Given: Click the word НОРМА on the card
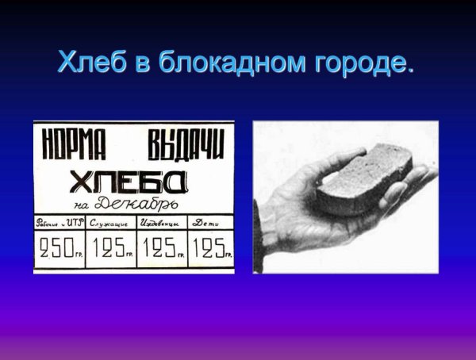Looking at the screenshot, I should pyautogui.click(x=73, y=144).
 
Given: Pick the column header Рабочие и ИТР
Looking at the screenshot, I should pyautogui.click(x=59, y=224).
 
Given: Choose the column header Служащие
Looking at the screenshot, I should pyautogui.click(x=110, y=224).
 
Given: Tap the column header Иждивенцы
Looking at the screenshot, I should pyautogui.click(x=162, y=224).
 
